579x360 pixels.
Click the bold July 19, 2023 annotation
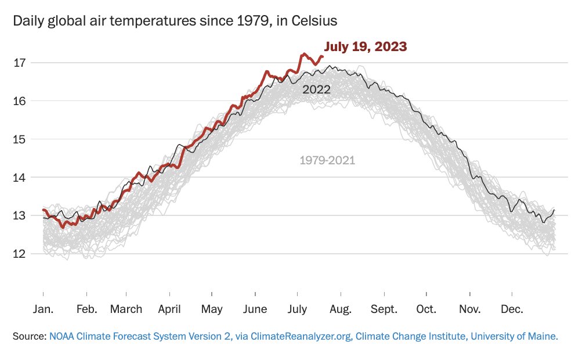(x=365, y=46)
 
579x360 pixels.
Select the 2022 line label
(x=316, y=89)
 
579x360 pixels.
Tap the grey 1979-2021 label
(x=327, y=160)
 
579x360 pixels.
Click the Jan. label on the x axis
(x=43, y=309)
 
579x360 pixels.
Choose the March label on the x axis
(x=126, y=309)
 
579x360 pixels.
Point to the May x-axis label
(x=212, y=309)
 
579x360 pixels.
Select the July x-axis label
(x=297, y=309)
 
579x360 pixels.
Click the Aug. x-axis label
(x=341, y=309)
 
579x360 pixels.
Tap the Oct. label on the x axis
(x=426, y=309)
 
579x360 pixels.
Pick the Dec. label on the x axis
(x=512, y=309)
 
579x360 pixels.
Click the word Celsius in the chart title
(x=312, y=21)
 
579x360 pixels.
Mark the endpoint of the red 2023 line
(x=322, y=56)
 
